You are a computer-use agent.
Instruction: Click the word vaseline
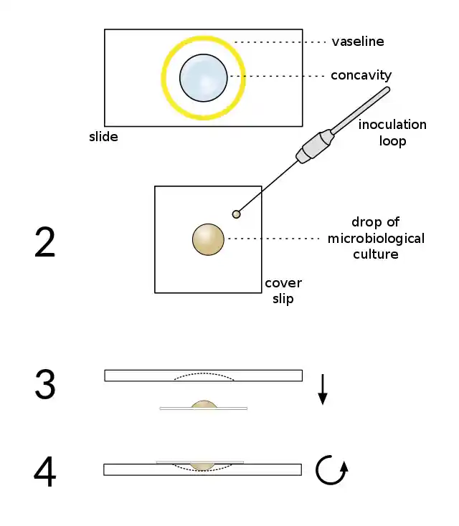[x=357, y=42]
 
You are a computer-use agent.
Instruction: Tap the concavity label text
[x=361, y=75]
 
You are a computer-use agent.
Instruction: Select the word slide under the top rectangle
[x=103, y=136]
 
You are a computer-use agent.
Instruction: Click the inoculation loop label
[x=392, y=133]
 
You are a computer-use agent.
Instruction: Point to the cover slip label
[x=283, y=291]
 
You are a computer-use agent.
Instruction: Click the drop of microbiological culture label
[x=376, y=238]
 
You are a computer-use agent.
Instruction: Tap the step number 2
[x=44, y=244]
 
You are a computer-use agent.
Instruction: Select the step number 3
[x=44, y=385]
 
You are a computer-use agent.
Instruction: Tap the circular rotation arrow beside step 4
[x=333, y=470]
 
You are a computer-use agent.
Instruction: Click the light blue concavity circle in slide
[x=204, y=77]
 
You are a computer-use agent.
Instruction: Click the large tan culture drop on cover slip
[x=208, y=239]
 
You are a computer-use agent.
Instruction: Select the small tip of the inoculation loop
[x=236, y=214]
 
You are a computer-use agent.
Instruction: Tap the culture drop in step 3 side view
[x=204, y=405]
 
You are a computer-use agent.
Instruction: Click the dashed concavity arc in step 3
[x=204, y=373]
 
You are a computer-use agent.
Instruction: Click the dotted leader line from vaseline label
[x=280, y=42]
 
